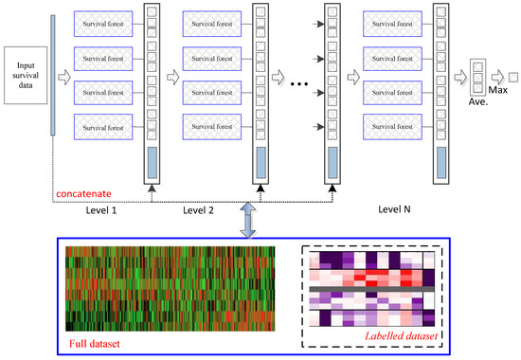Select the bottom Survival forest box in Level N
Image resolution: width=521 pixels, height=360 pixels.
click(x=395, y=125)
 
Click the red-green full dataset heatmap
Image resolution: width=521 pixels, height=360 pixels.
click(x=170, y=284)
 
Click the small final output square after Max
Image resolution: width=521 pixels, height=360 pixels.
click(x=512, y=74)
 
